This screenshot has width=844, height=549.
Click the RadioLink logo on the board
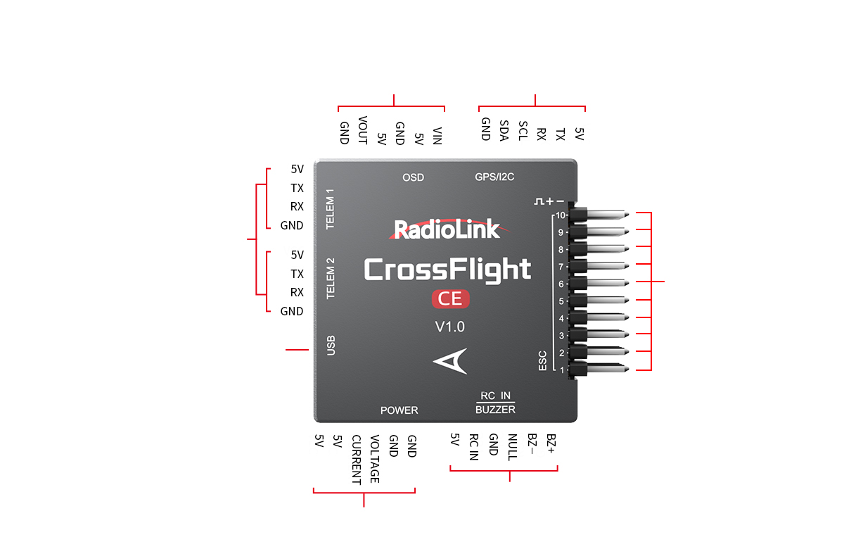[x=447, y=229]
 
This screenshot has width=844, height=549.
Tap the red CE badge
[x=450, y=299]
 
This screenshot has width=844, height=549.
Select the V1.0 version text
[x=450, y=327]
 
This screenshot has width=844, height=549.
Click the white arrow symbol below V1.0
[x=450, y=361]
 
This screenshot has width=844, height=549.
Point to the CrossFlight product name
[x=447, y=270]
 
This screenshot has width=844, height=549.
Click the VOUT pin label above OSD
[x=363, y=130]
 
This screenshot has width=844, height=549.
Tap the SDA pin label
[x=504, y=130]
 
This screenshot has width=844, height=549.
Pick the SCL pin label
[x=523, y=130]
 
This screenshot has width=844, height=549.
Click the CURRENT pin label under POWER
[x=356, y=460]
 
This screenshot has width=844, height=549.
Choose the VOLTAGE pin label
[x=375, y=458]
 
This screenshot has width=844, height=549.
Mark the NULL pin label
[x=512, y=447]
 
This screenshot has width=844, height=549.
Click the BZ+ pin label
[x=550, y=443]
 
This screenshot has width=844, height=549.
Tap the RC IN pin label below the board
[x=473, y=447]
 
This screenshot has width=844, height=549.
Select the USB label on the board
[x=331, y=345]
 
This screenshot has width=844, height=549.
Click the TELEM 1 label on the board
[x=331, y=209]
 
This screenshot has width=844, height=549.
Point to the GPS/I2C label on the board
[x=494, y=177]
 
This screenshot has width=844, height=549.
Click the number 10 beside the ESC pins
[x=560, y=215]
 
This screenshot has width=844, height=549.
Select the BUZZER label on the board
[x=495, y=410]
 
